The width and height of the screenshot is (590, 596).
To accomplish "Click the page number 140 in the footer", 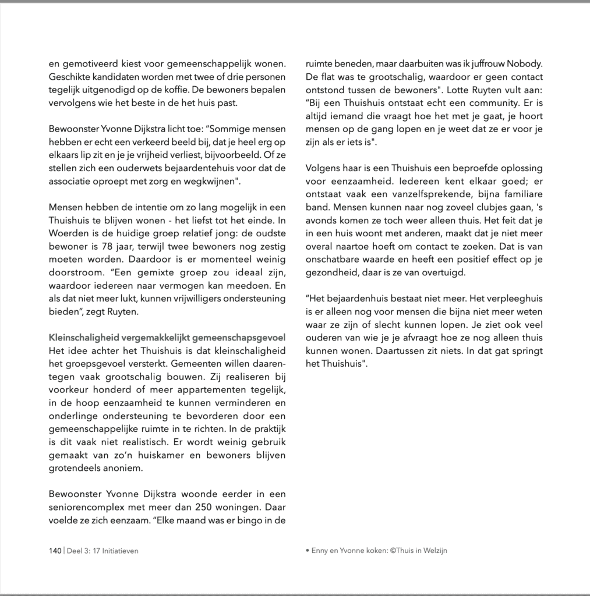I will coord(54,550).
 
